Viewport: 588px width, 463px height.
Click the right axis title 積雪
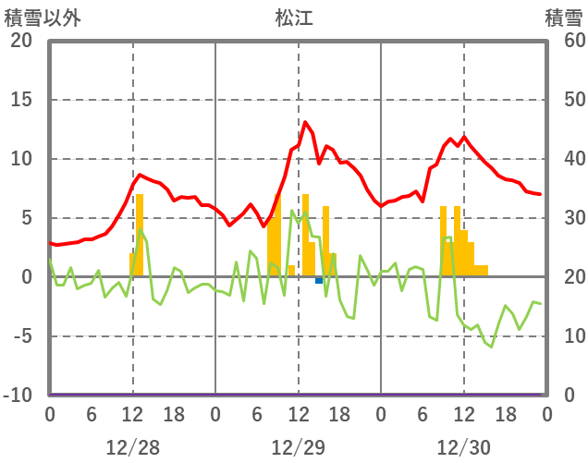(x=563, y=18)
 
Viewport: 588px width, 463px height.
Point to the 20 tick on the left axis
(x=20, y=41)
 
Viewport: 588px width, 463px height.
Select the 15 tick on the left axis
(x=20, y=100)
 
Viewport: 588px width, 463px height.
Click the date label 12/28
(x=133, y=447)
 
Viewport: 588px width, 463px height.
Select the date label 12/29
(x=299, y=447)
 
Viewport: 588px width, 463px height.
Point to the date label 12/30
(x=464, y=447)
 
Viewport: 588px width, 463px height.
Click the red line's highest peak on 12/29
(x=305, y=122)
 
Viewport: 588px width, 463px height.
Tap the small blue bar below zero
(x=319, y=280)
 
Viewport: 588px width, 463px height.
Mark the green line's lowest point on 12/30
(x=492, y=347)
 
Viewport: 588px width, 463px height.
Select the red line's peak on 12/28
(x=140, y=174)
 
